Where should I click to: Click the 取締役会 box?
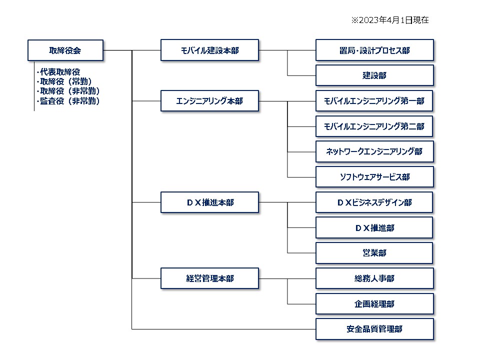point(65,50)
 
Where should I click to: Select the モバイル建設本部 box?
point(209,50)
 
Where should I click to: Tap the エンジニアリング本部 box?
point(209,100)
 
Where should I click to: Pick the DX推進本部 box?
point(209,202)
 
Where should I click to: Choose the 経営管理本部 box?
point(209,278)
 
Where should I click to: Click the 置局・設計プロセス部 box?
point(374,50)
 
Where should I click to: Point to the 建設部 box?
point(374,75)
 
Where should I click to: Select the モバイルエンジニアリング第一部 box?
point(374,100)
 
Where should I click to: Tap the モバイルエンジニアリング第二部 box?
point(374,126)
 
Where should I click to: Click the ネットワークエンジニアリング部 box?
point(374,151)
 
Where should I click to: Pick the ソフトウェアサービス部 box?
point(374,177)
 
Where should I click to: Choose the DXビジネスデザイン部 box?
point(374,202)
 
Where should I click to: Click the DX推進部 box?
point(374,228)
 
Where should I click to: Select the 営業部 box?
point(374,253)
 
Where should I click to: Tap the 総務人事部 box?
point(374,278)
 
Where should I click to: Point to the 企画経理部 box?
point(374,303)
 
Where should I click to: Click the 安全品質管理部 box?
point(374,329)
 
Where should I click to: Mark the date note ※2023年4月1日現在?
point(389,20)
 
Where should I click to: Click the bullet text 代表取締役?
point(58,72)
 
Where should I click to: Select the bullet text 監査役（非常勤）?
point(68,101)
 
